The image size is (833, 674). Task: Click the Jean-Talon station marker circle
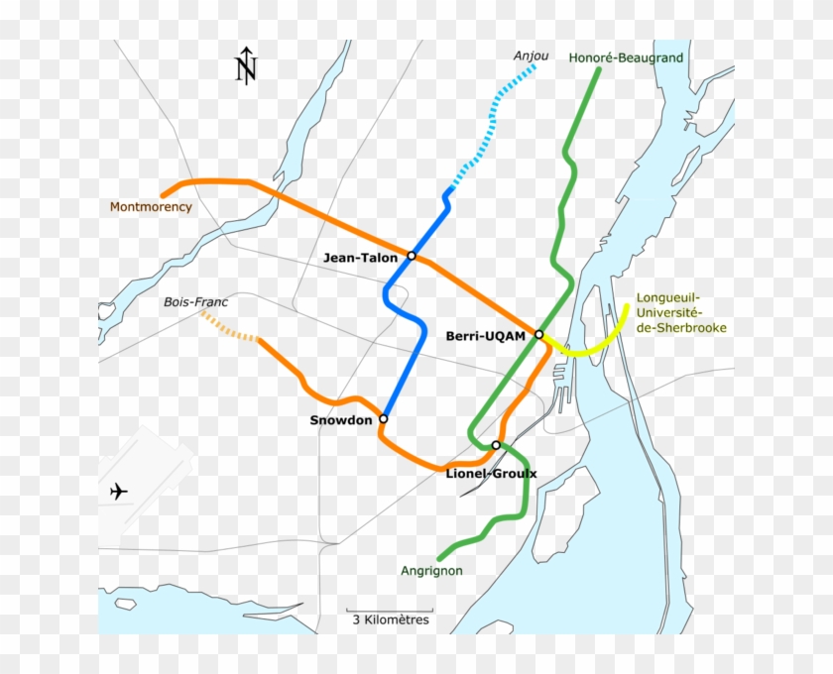click(412, 257)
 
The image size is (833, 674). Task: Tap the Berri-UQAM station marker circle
click(539, 335)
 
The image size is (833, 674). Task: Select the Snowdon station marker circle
click(384, 419)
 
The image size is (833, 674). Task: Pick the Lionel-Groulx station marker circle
click(496, 446)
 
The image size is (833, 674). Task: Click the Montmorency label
click(151, 207)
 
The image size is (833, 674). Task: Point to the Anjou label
click(531, 56)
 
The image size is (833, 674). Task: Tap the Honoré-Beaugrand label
click(626, 58)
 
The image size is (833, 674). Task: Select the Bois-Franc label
click(190, 301)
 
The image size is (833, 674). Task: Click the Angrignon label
click(431, 571)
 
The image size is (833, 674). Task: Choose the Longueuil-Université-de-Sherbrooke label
click(681, 312)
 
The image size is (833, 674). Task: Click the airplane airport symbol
click(119, 491)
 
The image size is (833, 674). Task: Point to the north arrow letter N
click(246, 69)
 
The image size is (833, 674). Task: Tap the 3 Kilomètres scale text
click(390, 619)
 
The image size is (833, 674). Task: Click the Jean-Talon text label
click(360, 258)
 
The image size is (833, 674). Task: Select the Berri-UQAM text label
click(486, 336)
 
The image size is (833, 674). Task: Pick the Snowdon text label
click(341, 420)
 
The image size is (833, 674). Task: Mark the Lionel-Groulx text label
click(491, 474)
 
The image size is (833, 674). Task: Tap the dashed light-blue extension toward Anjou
click(491, 126)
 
